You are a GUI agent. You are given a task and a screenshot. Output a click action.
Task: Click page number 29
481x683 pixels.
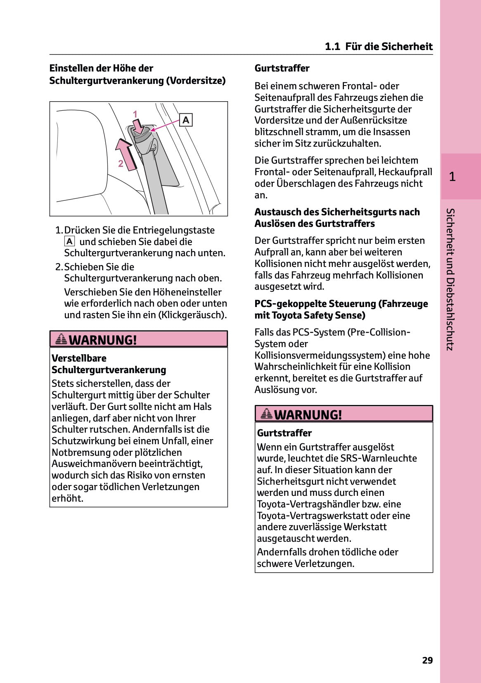pyautogui.click(x=427, y=660)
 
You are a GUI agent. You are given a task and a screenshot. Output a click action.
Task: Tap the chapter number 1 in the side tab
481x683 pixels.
pyautogui.click(x=453, y=177)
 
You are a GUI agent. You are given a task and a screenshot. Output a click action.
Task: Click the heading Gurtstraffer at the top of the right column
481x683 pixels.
pyautogui.click(x=282, y=68)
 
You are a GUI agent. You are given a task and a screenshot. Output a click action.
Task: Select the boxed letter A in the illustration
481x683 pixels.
pyautogui.click(x=186, y=120)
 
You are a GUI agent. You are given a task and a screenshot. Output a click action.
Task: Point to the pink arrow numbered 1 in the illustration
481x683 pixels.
pyautogui.click(x=138, y=125)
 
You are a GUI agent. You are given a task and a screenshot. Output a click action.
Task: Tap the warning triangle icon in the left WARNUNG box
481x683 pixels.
pyautogui.click(x=61, y=339)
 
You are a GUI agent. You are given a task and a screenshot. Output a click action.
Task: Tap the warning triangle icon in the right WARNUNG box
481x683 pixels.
pyautogui.click(x=267, y=414)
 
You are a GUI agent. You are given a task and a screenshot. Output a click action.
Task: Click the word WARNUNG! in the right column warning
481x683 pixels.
pyautogui.click(x=308, y=415)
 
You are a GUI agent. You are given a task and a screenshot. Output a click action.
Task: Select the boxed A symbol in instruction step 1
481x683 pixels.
pyautogui.click(x=69, y=241)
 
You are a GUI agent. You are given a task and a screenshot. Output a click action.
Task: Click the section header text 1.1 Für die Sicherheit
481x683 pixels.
pyautogui.click(x=379, y=46)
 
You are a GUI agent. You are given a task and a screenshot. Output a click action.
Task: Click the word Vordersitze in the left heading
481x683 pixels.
pyautogui.click(x=195, y=81)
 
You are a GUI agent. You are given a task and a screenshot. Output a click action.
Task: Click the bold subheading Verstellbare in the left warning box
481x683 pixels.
pyautogui.click(x=79, y=358)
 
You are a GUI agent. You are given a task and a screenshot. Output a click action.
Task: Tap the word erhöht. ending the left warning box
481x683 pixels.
pyautogui.click(x=67, y=498)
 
